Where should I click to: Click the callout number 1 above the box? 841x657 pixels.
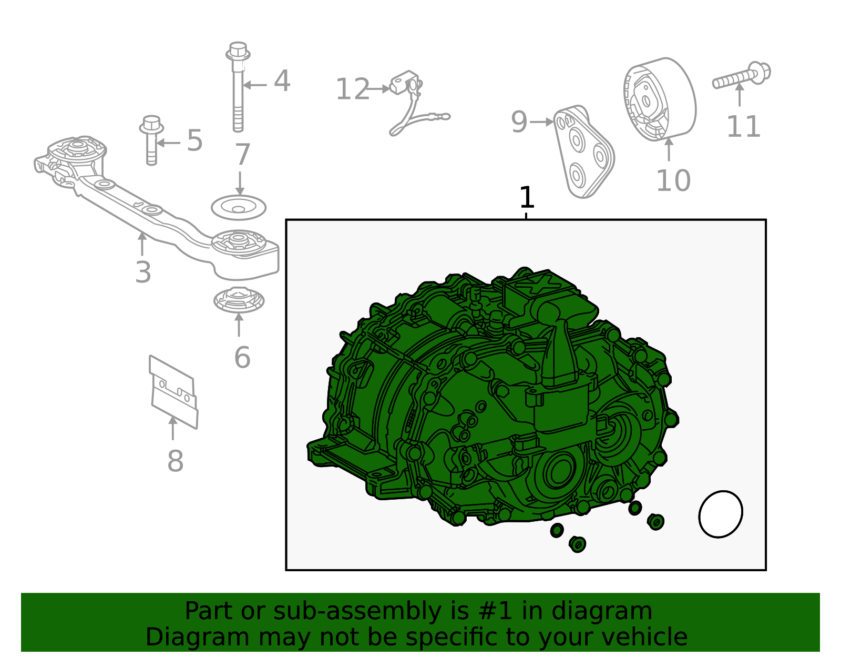(x=527, y=198)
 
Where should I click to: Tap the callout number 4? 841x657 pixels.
(x=282, y=82)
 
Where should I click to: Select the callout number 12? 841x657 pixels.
(x=352, y=89)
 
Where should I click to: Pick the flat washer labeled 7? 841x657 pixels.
(x=239, y=207)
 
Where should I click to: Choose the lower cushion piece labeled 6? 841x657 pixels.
(x=239, y=300)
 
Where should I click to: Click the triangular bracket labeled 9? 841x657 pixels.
(x=583, y=153)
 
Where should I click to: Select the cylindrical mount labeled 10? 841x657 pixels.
(x=660, y=100)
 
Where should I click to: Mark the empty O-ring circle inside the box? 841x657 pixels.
(x=721, y=514)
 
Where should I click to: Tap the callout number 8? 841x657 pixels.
(x=175, y=461)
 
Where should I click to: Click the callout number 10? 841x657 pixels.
(x=673, y=181)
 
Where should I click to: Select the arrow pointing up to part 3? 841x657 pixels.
(x=142, y=244)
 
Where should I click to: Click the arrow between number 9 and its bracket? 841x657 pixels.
(x=541, y=122)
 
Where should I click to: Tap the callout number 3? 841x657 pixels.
(x=143, y=272)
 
